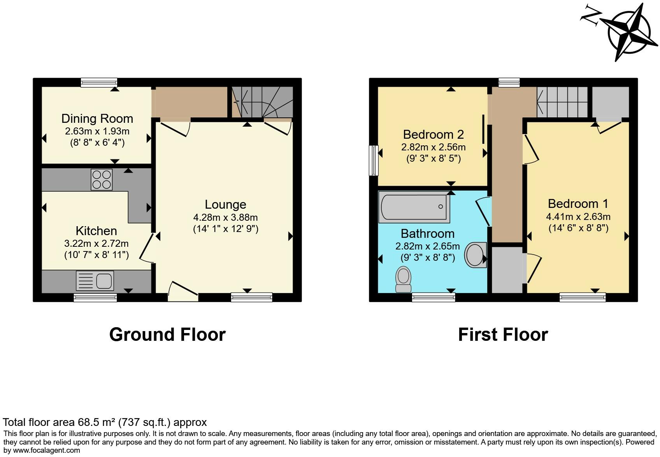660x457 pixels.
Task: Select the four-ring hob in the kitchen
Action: (x=102, y=180)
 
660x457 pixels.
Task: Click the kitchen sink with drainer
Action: (x=95, y=281)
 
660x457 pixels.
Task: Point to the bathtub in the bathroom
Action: (x=414, y=207)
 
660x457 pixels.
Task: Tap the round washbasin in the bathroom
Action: (x=476, y=255)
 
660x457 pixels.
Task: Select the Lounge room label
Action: (x=225, y=204)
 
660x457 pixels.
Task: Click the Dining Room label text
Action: (x=97, y=119)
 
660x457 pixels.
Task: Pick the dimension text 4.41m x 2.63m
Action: (x=578, y=216)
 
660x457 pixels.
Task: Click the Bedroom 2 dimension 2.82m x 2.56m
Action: (x=433, y=147)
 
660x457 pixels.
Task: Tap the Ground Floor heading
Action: (x=167, y=335)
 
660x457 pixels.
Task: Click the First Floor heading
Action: (x=503, y=335)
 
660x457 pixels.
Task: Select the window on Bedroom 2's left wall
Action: (x=374, y=160)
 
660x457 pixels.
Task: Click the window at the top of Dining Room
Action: (x=99, y=82)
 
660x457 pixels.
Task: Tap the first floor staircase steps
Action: (x=562, y=102)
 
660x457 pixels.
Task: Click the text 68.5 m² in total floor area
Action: (x=98, y=422)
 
